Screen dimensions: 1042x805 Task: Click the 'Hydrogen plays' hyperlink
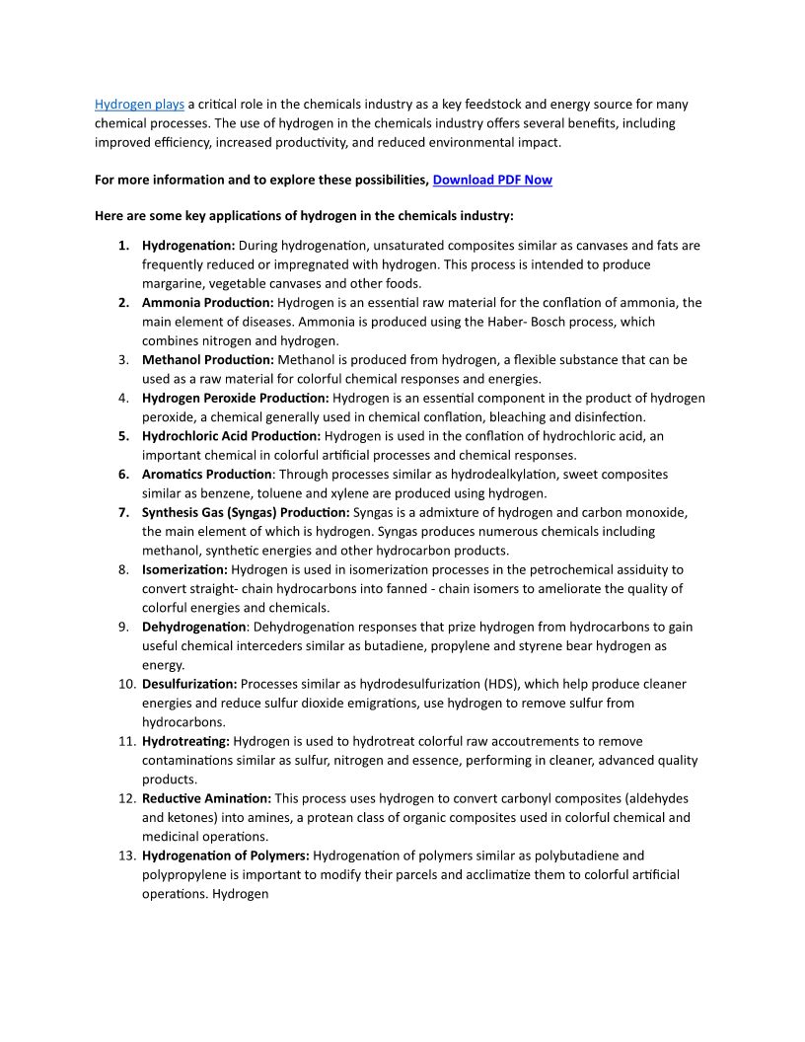(x=139, y=104)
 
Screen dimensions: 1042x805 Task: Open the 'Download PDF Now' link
(x=492, y=180)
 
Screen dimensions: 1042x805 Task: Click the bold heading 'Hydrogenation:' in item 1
(x=188, y=245)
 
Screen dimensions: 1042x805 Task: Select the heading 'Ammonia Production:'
(x=208, y=302)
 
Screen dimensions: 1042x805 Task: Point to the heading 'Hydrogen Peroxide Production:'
(x=236, y=398)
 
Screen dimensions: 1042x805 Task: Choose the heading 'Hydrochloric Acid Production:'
(x=231, y=435)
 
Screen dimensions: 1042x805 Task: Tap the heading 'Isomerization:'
(x=184, y=569)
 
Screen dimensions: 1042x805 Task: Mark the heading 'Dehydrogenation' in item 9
(x=194, y=627)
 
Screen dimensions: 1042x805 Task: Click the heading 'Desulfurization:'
(x=189, y=684)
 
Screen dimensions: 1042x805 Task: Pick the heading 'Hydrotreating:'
(x=185, y=741)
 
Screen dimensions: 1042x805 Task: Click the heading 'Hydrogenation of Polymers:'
(x=226, y=856)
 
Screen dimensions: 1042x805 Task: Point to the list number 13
(x=125, y=856)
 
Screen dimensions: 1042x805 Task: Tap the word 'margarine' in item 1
(x=173, y=283)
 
